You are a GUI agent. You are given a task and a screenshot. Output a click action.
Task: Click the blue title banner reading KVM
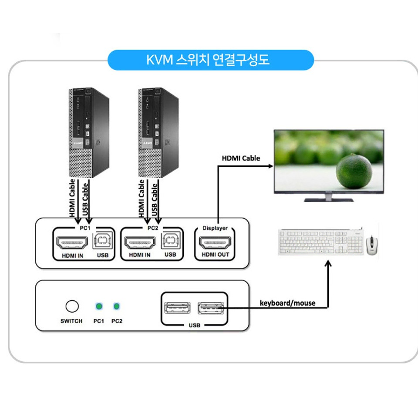[x=210, y=60]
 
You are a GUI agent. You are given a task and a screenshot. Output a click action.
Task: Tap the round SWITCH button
[x=72, y=306]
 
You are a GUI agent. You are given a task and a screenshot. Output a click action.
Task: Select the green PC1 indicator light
[x=99, y=306]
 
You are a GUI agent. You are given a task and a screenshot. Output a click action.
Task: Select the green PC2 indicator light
[x=116, y=306]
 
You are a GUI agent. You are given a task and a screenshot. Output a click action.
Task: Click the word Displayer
[x=215, y=228]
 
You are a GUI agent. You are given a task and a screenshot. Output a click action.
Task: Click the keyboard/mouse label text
[x=287, y=303]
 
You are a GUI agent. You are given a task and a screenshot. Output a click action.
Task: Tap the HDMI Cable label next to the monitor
[x=241, y=158]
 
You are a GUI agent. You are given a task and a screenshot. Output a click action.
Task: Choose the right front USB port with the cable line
[x=210, y=308]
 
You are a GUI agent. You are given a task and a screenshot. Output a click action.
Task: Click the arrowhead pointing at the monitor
[x=270, y=165]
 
